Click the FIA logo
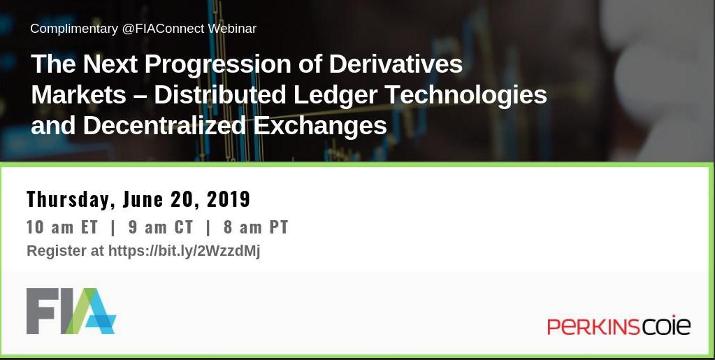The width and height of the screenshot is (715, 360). coord(71,311)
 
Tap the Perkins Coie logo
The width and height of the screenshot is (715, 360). coord(619,326)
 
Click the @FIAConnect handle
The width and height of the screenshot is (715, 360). coord(163,29)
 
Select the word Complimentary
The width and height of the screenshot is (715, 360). coord(74,29)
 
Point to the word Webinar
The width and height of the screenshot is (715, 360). coord(232,29)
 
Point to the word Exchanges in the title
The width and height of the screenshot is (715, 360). coord(320,126)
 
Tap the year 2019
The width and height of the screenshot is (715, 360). coord(227,199)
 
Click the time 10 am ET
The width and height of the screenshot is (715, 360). coord(62,227)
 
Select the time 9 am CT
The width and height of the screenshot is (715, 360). coord(161,227)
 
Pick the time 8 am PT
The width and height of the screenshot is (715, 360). coord(256,227)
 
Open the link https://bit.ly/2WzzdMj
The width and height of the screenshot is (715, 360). coord(185,251)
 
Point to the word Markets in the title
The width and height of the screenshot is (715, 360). coord(78,94)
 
